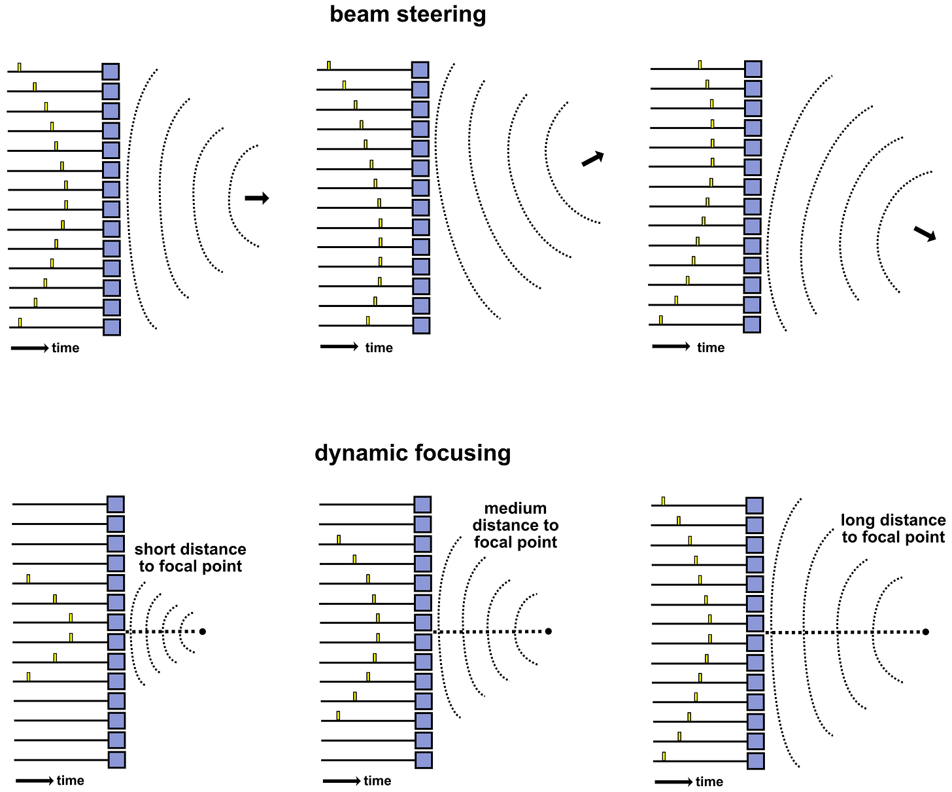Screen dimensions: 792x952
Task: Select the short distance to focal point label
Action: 190,558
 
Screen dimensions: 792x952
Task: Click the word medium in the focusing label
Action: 515,509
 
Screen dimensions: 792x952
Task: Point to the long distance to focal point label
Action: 893,529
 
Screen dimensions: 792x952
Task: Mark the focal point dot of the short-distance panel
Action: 203,631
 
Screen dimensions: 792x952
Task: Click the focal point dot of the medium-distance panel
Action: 549,631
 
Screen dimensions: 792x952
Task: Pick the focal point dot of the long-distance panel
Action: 926,632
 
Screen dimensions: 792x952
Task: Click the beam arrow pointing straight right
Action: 257,198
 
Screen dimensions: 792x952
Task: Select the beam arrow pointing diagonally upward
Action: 592,159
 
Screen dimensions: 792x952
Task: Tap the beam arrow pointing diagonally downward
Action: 925,234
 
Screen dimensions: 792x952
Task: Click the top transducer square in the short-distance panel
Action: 116,504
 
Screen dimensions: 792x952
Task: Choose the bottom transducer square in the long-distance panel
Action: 756,761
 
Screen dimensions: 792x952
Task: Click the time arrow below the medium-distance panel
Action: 341,781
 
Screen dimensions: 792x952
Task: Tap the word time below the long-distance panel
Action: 709,782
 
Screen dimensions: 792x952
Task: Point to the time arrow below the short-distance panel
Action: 34,781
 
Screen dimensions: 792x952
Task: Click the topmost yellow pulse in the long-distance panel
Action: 663,501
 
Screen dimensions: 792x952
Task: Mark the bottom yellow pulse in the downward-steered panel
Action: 660,319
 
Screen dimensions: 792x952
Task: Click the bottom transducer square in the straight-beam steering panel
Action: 112,327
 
